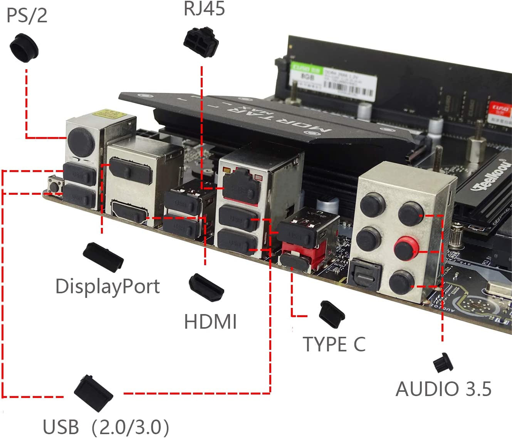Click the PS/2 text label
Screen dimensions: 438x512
(x=27, y=15)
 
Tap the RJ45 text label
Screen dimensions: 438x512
(x=204, y=8)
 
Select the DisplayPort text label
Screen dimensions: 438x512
(x=107, y=286)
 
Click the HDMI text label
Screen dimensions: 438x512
(x=210, y=322)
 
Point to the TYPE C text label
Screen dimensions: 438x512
(x=334, y=344)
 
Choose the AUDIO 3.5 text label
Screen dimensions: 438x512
(x=443, y=389)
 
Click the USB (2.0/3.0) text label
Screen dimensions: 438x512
(x=106, y=427)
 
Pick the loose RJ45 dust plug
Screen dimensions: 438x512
(x=201, y=42)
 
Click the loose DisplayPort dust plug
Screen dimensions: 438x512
(x=103, y=256)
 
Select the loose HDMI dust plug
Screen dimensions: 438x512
(x=206, y=288)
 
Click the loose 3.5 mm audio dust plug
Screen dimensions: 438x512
(x=443, y=363)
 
